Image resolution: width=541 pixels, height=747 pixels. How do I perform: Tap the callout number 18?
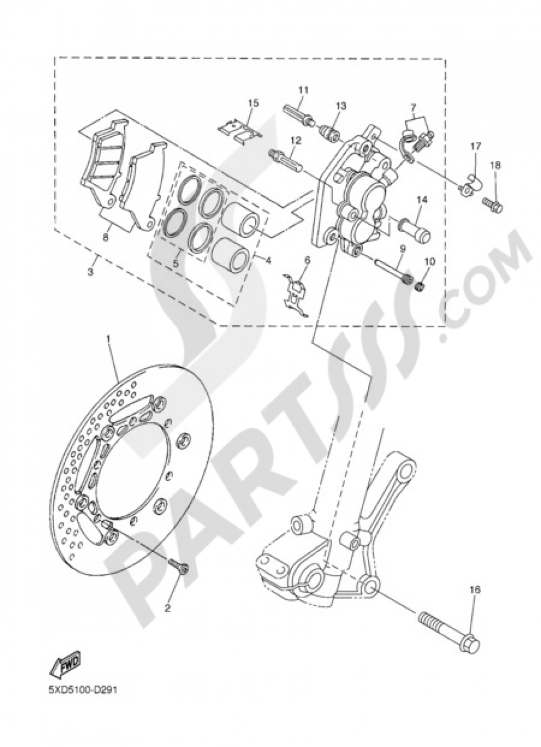(496, 163)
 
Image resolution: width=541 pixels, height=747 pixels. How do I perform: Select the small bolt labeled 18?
(492, 205)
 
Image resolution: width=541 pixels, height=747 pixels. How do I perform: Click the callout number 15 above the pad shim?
(254, 103)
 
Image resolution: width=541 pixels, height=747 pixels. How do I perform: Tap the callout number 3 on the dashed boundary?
(91, 271)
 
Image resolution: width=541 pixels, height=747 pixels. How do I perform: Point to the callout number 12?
(294, 140)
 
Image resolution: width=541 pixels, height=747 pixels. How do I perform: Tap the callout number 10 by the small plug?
(430, 261)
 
